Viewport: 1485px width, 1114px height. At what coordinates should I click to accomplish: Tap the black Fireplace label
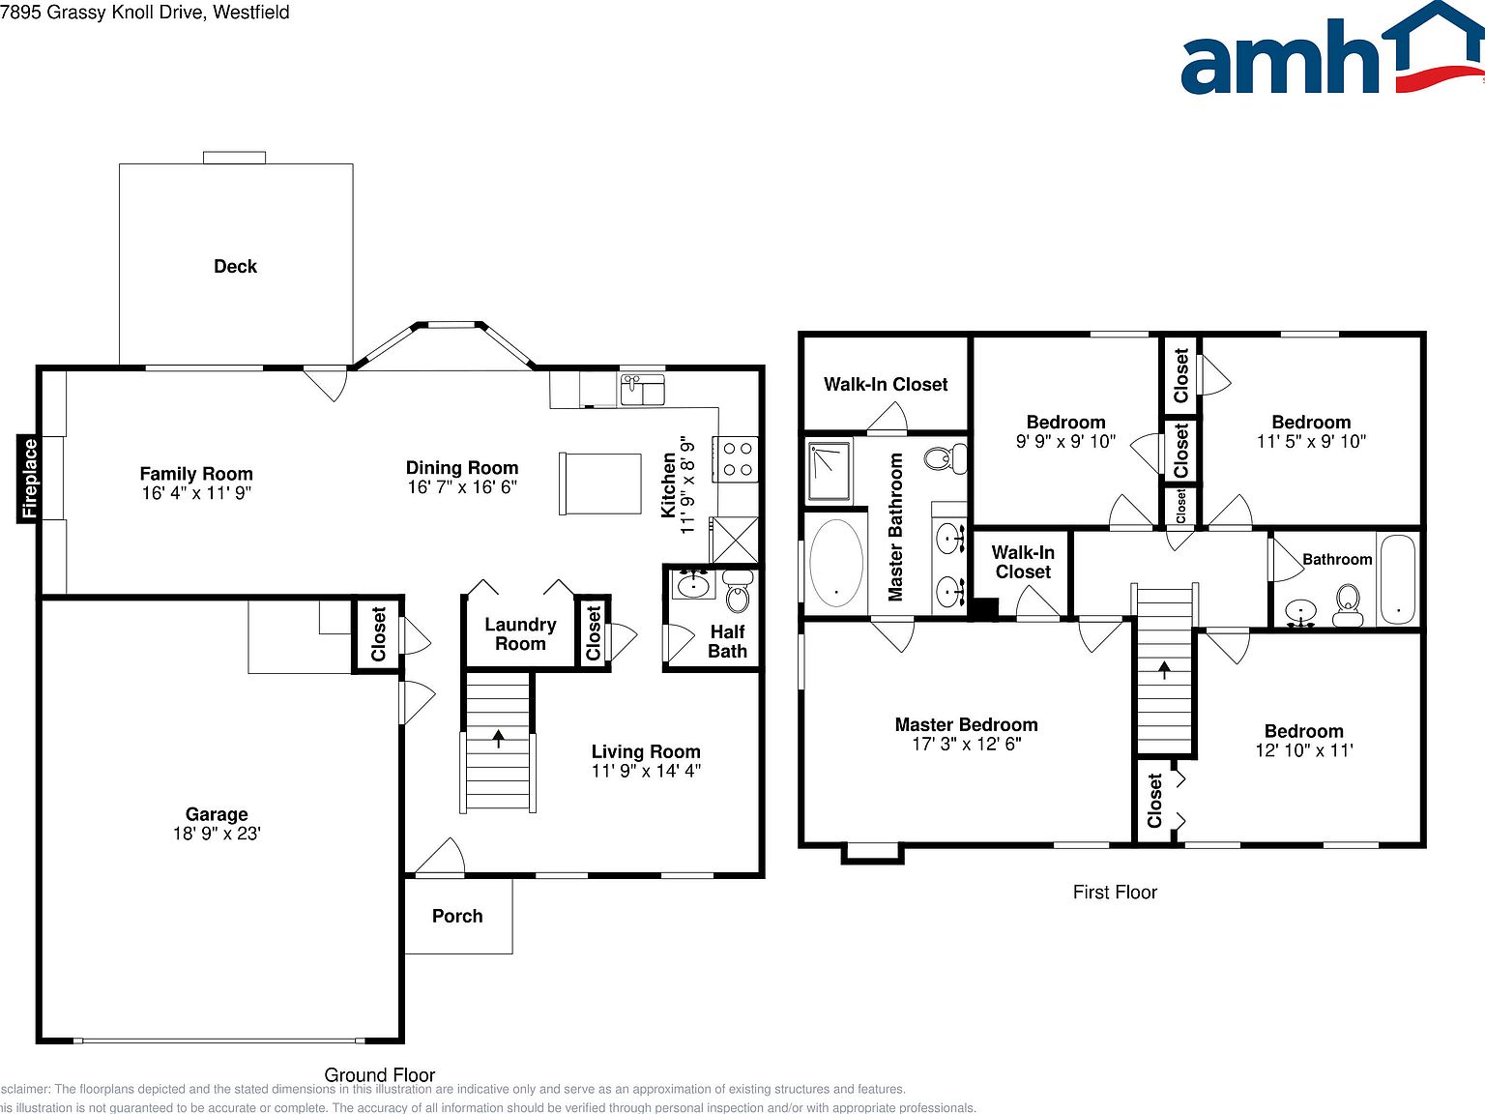[30, 479]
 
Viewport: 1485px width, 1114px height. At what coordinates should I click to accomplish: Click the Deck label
[235, 266]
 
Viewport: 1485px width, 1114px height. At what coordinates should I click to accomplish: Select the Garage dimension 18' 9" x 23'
[217, 834]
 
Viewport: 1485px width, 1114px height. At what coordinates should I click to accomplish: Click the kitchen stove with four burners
[738, 458]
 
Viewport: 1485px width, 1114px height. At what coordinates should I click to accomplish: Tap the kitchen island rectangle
[599, 484]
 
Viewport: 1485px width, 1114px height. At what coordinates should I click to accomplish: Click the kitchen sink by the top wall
[642, 391]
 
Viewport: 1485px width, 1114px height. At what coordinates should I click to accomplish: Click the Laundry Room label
[520, 634]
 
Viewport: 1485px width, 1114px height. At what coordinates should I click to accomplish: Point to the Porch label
[457, 916]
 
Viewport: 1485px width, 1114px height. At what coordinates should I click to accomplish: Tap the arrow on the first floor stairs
[1165, 668]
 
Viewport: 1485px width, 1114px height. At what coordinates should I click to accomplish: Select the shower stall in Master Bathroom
[829, 471]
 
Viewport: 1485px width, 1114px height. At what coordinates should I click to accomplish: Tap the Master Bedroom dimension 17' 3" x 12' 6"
[967, 744]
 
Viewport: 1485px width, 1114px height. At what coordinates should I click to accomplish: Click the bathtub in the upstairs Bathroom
[1397, 578]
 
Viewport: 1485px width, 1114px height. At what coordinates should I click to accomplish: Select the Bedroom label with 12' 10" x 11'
[1303, 731]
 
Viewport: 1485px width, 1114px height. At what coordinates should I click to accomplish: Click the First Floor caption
[1115, 892]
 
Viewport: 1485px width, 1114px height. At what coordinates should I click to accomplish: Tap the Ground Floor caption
[379, 1074]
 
